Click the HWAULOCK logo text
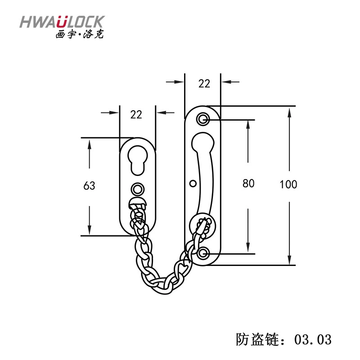[x=62, y=22]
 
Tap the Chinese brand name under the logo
[x=80, y=34]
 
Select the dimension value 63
[x=89, y=185]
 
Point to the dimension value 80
[x=248, y=184]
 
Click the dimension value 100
[x=288, y=184]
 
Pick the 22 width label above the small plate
[x=136, y=115]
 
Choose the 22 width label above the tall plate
[x=204, y=84]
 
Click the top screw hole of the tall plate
[x=203, y=119]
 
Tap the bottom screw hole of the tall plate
[x=203, y=254]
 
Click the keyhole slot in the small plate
[x=138, y=161]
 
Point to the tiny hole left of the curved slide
[x=193, y=184]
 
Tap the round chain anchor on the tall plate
[x=202, y=226]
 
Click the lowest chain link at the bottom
[x=165, y=288]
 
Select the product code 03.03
[x=313, y=339]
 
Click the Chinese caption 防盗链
[x=258, y=339]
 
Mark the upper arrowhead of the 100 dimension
[x=289, y=113]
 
